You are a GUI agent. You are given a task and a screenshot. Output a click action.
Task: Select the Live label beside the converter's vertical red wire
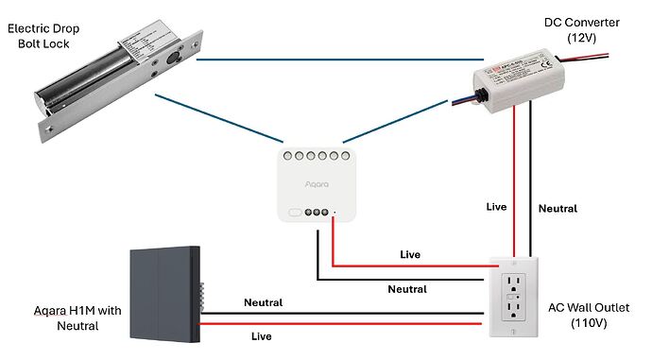pos(496,206)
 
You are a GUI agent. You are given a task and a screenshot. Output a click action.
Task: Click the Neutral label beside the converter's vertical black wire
pos(557,208)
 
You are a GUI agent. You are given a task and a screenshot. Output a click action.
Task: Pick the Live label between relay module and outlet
pos(410,254)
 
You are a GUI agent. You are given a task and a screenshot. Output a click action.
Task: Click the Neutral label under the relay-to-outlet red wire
pos(407,289)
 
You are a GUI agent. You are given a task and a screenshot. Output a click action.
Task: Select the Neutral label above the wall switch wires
pos(263,302)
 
